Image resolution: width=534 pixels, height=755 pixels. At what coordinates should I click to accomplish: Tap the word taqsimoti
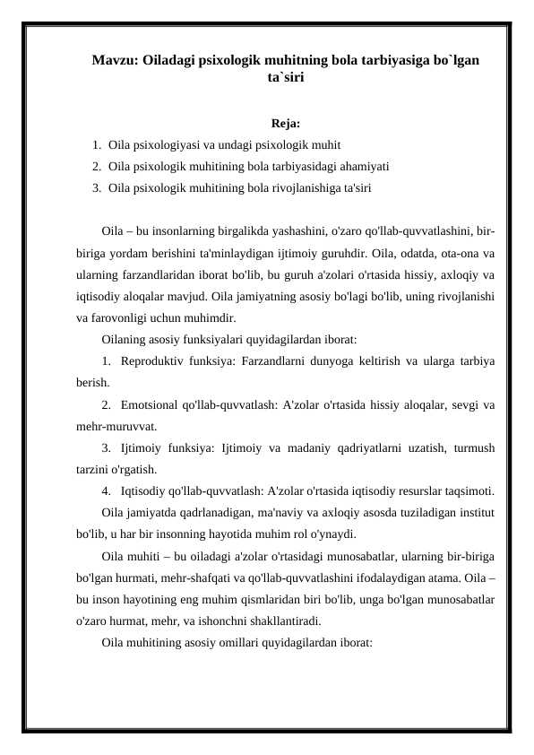[x=467, y=490]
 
